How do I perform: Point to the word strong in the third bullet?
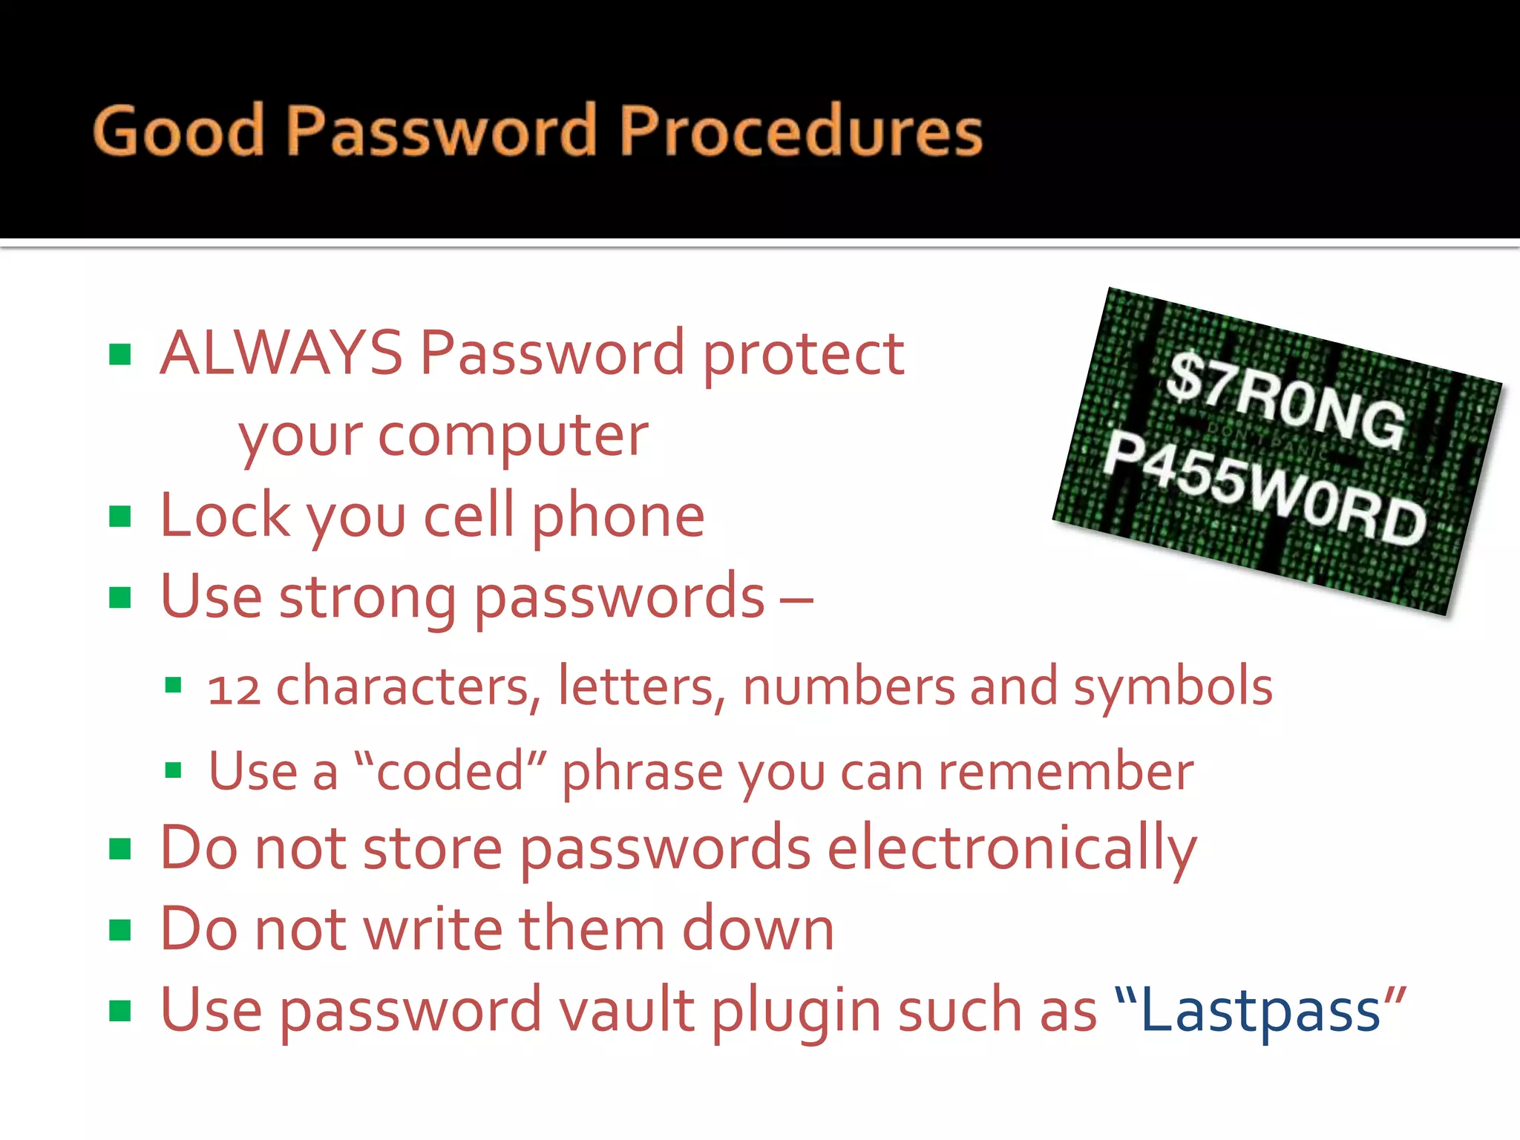367,597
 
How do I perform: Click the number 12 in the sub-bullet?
234,688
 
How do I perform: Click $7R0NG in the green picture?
1285,401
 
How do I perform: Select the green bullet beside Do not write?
119,929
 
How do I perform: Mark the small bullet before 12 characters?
173,685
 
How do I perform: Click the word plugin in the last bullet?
796,1011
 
